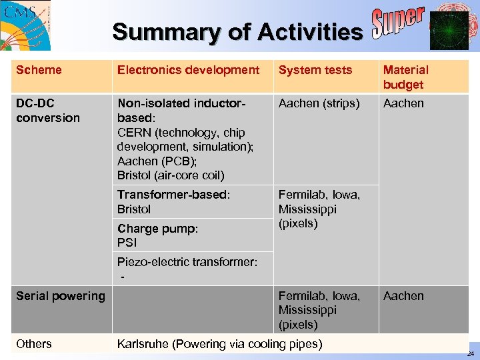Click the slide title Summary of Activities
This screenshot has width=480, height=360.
point(237,31)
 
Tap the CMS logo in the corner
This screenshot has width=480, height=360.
point(25,25)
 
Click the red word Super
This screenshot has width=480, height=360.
point(397,25)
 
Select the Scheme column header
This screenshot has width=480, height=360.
point(39,70)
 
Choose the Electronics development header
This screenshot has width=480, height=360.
point(188,70)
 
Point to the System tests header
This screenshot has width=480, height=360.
point(315,70)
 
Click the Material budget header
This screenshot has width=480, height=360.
point(405,77)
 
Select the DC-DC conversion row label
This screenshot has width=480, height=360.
point(47,111)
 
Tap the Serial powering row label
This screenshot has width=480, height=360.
point(61,296)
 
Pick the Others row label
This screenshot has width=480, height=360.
point(34,344)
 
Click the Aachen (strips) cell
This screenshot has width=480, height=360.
point(319,103)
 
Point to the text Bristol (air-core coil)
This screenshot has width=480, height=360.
point(171,175)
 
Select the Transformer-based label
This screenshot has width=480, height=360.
point(173,195)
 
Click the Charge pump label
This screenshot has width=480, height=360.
point(157,229)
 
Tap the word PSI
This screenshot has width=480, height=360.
point(127,243)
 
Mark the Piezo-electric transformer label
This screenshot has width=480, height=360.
point(187,262)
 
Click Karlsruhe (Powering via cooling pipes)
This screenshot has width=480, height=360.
point(219,344)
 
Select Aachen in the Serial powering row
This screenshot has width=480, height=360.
point(403,296)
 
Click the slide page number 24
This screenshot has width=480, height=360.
point(471,354)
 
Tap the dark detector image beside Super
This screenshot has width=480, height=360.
point(449,31)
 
